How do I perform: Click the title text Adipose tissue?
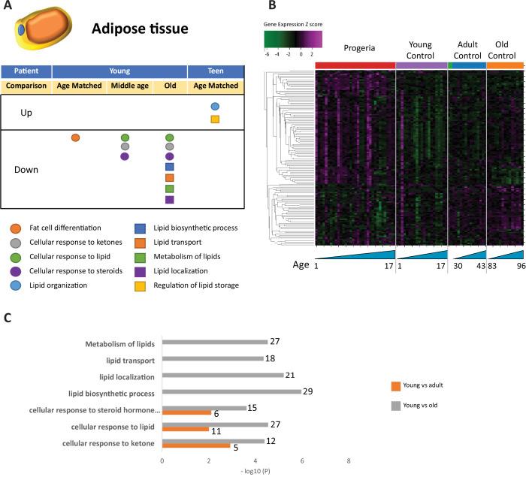click(x=141, y=30)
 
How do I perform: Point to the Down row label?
click(x=27, y=170)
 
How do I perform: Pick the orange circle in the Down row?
click(x=74, y=137)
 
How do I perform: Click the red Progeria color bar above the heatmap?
click(x=355, y=66)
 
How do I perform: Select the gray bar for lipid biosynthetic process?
click(x=231, y=391)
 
